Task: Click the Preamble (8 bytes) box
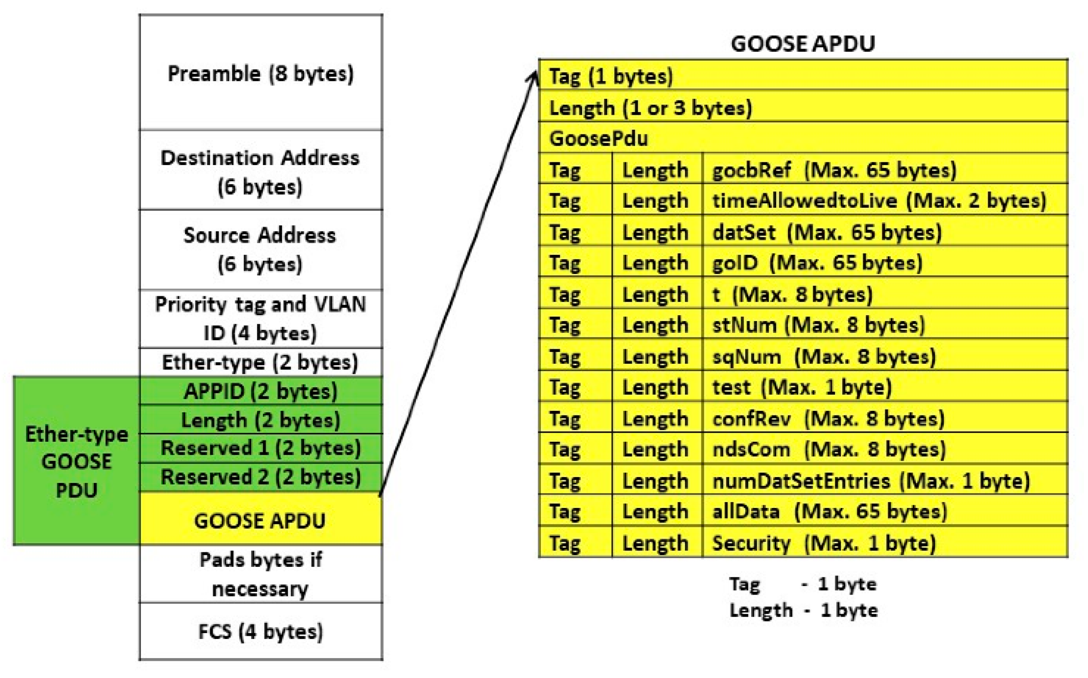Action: click(x=261, y=73)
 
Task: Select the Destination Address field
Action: click(x=261, y=171)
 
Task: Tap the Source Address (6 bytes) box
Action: click(x=261, y=249)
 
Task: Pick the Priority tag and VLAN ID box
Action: click(x=261, y=318)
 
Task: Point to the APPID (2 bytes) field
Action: click(x=261, y=391)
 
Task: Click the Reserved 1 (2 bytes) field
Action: click(x=261, y=448)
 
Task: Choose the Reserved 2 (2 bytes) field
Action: click(x=261, y=477)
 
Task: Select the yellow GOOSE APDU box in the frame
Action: click(x=261, y=520)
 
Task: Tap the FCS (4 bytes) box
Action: click(x=261, y=631)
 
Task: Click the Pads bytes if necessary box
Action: click(x=261, y=574)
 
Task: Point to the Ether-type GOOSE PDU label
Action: click(x=76, y=462)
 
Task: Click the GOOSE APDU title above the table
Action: click(x=803, y=44)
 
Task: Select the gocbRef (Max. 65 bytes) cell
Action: click(x=834, y=170)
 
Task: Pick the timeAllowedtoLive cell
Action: click(x=879, y=201)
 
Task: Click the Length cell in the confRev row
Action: click(x=656, y=419)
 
